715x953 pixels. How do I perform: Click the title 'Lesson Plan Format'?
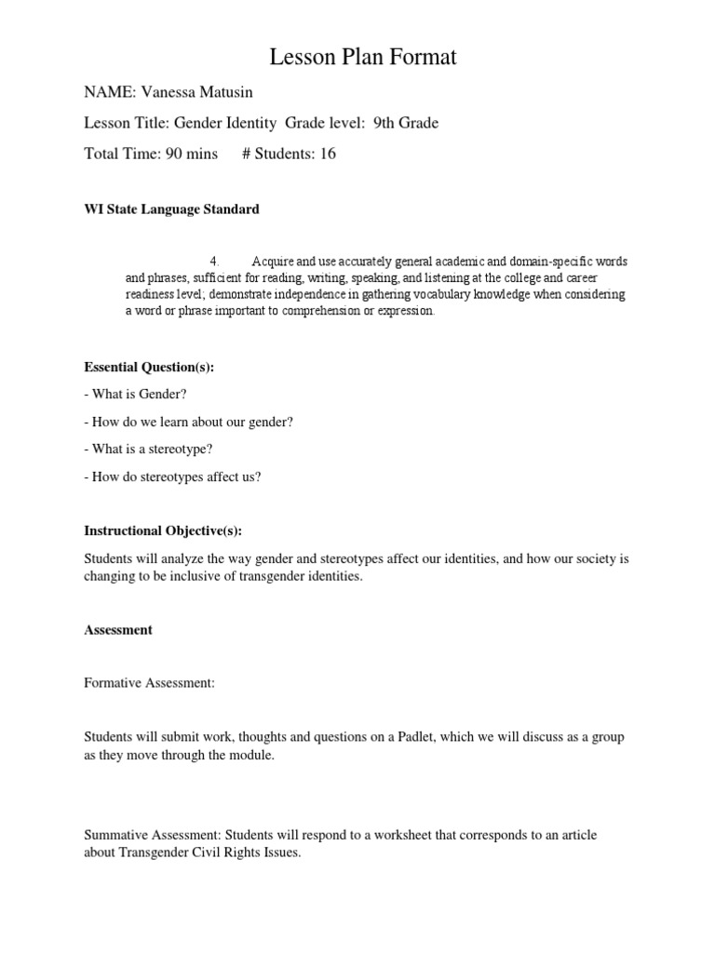click(x=363, y=58)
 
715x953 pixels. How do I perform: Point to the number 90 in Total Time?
click(x=174, y=154)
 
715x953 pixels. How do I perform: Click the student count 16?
click(x=328, y=154)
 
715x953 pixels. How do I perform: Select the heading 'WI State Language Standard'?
click(x=171, y=209)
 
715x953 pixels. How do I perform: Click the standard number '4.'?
click(x=215, y=261)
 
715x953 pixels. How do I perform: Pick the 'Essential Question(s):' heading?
click(x=149, y=367)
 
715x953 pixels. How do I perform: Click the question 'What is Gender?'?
click(x=140, y=394)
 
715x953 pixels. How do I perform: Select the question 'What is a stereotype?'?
click(x=153, y=449)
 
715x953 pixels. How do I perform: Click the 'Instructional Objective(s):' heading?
click(x=163, y=530)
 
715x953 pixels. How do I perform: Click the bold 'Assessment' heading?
click(x=118, y=630)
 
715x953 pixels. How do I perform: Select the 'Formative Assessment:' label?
click(x=149, y=683)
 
